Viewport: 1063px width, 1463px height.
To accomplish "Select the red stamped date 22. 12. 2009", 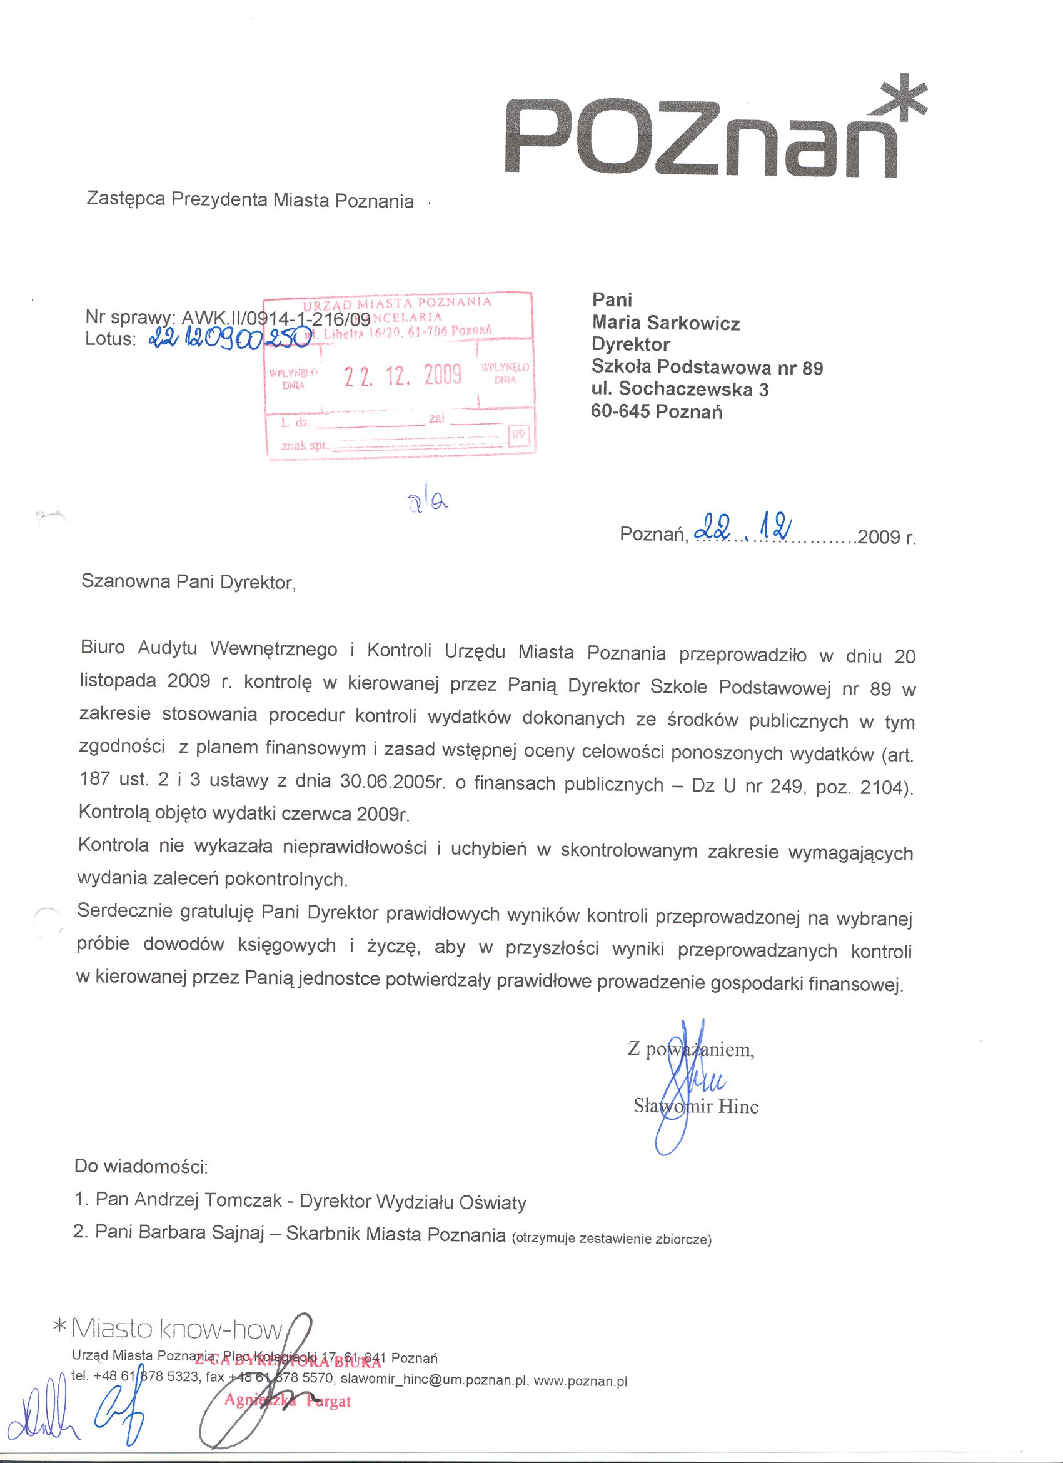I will (x=403, y=374).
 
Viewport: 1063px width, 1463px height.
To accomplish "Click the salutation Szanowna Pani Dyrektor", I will (x=188, y=582).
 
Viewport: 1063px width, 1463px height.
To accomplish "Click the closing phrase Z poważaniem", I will (x=691, y=1050).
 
